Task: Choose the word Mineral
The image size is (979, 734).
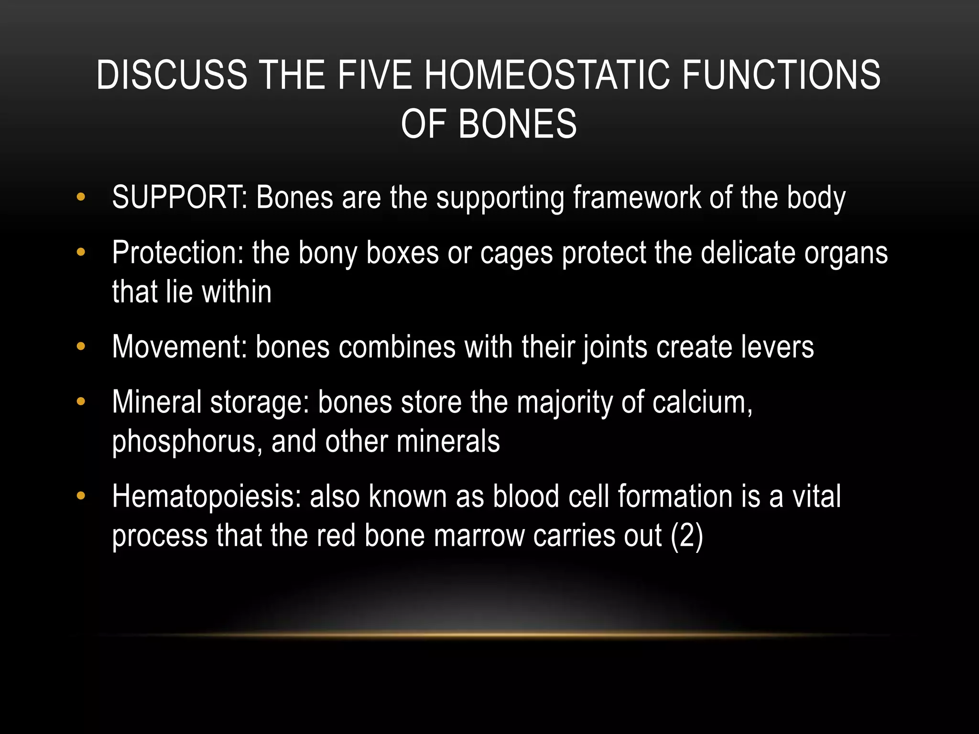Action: pos(157,402)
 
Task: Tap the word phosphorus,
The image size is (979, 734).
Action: pos(187,442)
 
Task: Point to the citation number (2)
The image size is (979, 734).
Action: pos(687,536)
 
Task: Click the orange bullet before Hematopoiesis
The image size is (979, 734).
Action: pos(81,496)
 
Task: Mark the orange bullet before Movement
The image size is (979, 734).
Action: pos(81,346)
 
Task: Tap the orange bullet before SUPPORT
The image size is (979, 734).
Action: pos(81,196)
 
